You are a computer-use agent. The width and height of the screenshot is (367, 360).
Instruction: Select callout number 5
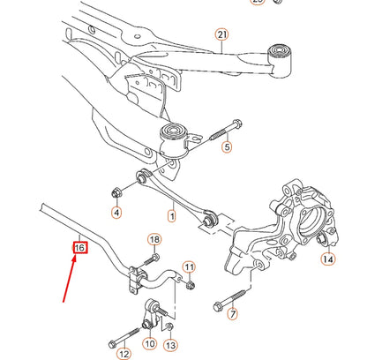coord(227,147)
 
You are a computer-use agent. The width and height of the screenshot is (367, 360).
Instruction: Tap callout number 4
coord(116,213)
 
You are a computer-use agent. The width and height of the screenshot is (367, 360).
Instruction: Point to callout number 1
coord(172,214)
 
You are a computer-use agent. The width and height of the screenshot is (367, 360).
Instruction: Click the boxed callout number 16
coord(79,248)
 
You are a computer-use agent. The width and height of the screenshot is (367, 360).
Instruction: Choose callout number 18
coord(154,240)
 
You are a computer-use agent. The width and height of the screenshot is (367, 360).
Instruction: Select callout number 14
coord(327,259)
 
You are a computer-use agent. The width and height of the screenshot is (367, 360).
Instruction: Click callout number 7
coord(232,314)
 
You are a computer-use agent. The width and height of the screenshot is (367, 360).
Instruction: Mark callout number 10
coord(149,343)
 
